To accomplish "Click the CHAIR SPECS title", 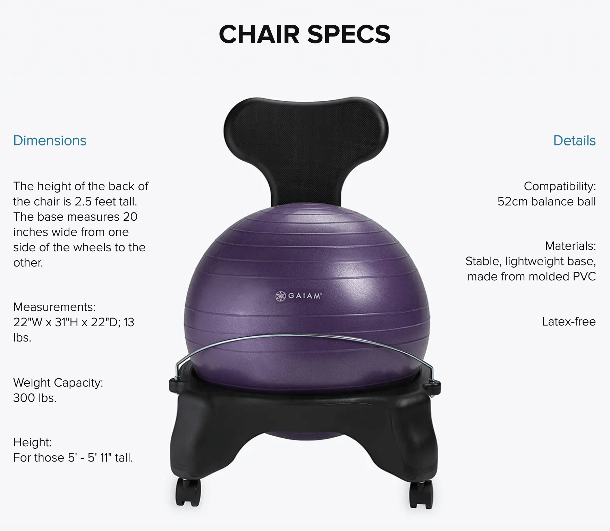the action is [x=305, y=34].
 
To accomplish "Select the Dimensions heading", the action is [x=50, y=141].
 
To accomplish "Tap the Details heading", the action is [x=574, y=141].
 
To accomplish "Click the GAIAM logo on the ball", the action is [x=299, y=296].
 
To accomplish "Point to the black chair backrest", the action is [x=305, y=139].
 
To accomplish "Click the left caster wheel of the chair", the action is [x=188, y=492].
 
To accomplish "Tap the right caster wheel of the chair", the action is [x=421, y=494].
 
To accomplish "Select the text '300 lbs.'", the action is [x=35, y=398].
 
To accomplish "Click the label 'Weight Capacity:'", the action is [x=58, y=383].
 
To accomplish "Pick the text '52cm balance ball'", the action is [x=547, y=202].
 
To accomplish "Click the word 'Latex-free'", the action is [x=569, y=322].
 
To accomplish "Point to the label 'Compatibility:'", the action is [x=560, y=186].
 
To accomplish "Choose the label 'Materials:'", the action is [x=570, y=246].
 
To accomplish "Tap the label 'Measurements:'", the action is [x=54, y=307].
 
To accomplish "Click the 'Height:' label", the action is [x=32, y=442].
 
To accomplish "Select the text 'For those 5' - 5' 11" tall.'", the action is [x=73, y=458].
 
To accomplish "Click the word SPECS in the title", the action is [x=349, y=34].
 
